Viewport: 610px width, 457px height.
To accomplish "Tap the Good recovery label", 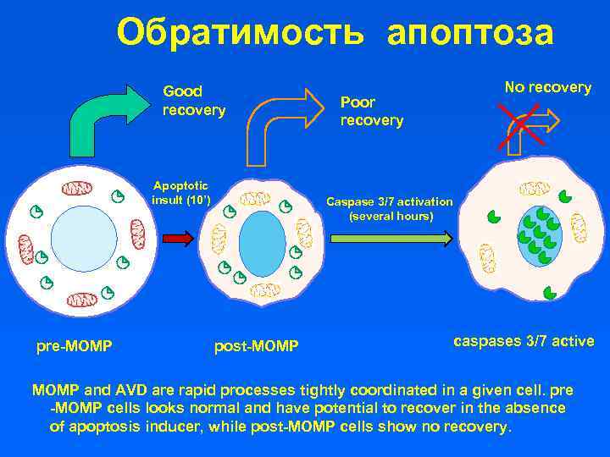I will click(x=194, y=101).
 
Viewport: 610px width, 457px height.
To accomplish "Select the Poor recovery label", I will click(x=371, y=111).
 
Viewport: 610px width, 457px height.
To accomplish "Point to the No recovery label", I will click(x=547, y=87).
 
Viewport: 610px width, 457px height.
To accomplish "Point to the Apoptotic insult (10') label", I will click(x=180, y=193).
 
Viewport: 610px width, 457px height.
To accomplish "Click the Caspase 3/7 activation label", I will click(x=390, y=209).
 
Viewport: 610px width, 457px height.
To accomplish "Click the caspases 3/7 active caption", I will click(x=524, y=342).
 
